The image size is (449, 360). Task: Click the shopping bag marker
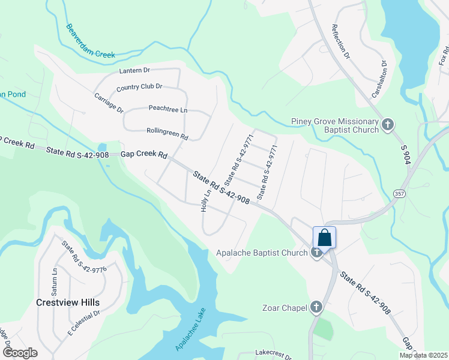click(324, 238)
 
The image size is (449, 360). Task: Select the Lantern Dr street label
click(134, 71)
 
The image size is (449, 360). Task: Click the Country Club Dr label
click(139, 87)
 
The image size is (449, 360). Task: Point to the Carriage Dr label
click(109, 103)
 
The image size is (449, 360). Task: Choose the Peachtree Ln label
click(168, 109)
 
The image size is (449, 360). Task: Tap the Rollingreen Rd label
click(167, 133)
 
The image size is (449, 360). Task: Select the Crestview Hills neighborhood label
click(67, 302)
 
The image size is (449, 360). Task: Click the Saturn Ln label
click(55, 279)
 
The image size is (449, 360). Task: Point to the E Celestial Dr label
click(83, 322)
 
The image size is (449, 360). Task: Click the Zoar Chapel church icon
click(316, 308)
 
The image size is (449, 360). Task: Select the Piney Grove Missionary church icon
click(388, 125)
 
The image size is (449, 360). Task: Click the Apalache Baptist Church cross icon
click(317, 253)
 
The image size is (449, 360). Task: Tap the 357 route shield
click(399, 193)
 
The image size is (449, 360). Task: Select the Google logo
click(20, 353)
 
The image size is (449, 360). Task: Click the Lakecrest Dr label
click(273, 353)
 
